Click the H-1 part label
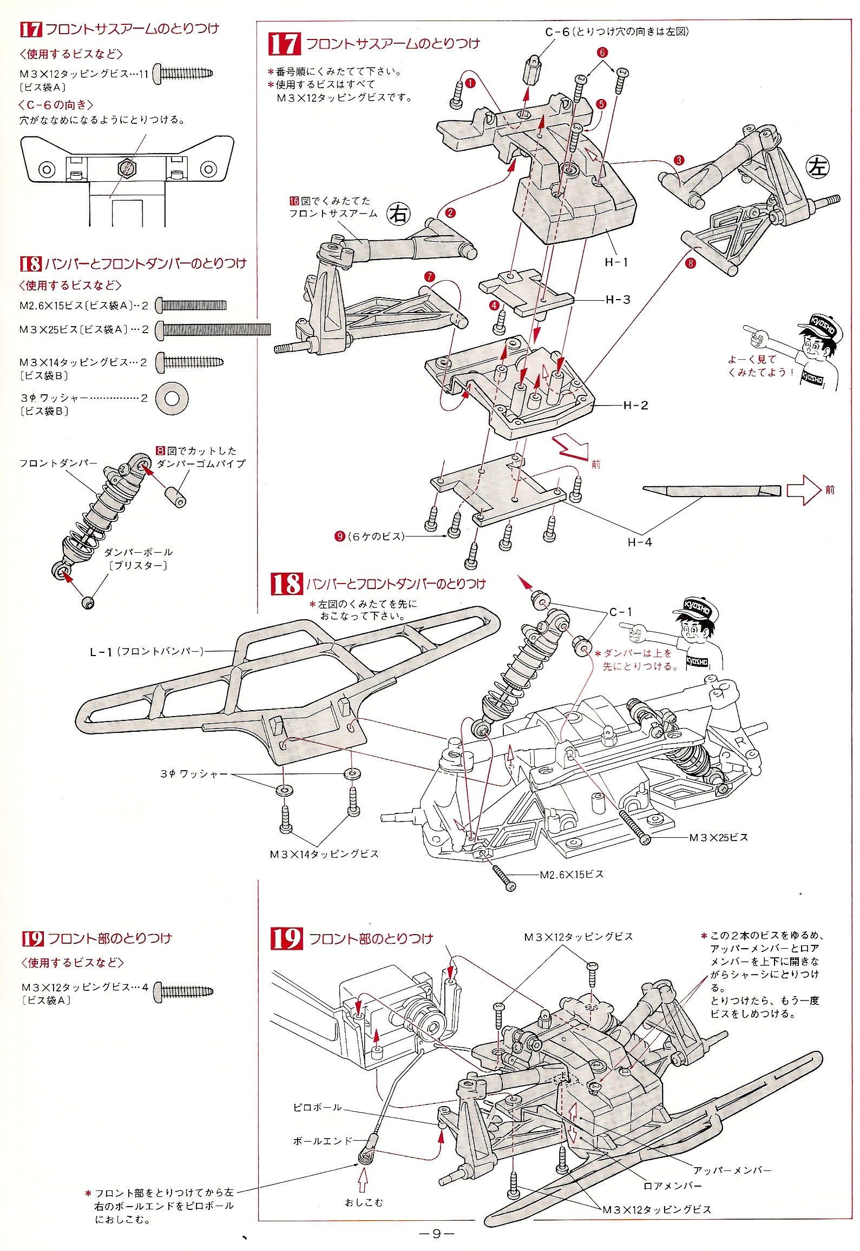(616, 262)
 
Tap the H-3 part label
(618, 300)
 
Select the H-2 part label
(635, 405)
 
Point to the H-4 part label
(640, 542)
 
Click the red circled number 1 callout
(470, 83)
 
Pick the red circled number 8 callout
(691, 263)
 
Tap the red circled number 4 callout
(494, 306)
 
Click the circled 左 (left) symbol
(818, 167)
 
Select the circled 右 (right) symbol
(399, 214)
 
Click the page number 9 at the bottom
(436, 1234)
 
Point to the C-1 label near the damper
(621, 612)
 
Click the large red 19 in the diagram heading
(286, 938)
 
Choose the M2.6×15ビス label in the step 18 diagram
(572, 875)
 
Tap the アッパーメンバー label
(732, 1170)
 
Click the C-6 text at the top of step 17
(557, 32)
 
